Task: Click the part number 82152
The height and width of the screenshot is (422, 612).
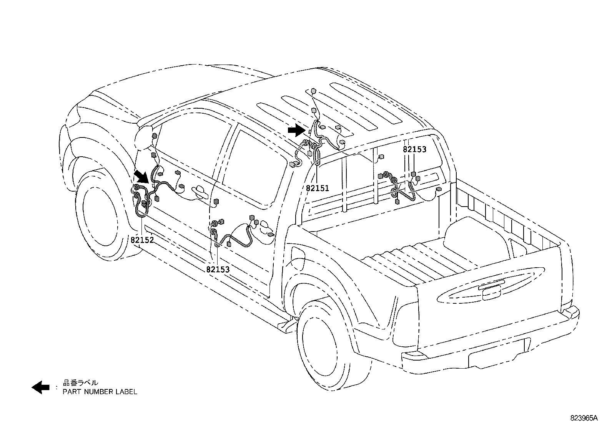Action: pos(142,240)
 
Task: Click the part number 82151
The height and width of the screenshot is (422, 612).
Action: pos(317,188)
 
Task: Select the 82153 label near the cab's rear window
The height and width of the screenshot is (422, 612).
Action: pos(414,149)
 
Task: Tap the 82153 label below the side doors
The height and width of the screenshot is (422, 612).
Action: pos(218,270)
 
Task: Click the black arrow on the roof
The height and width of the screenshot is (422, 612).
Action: pos(296,131)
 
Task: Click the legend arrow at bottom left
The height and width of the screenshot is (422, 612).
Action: pos(41,387)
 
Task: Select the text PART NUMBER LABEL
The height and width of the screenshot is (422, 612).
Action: pos(100,392)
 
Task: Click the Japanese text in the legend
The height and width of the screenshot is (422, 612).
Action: pos(80,383)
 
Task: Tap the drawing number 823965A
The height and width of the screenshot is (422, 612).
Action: pos(584,418)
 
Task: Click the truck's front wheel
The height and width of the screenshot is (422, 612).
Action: pos(101,214)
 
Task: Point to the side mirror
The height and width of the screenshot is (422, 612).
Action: pos(145,138)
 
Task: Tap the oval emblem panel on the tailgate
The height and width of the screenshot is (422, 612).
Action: pos(491,286)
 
